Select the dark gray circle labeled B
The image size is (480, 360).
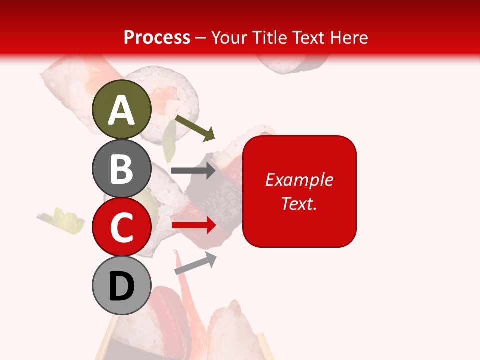122,168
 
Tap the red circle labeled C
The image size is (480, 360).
122,227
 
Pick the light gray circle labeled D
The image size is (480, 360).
122,286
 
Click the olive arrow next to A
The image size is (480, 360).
195,128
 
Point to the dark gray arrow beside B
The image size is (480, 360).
193,171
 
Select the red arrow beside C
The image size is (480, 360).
193,225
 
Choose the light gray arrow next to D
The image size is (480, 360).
195,263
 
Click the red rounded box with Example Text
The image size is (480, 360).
299,191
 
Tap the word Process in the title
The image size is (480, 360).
157,37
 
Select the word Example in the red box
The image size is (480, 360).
299,180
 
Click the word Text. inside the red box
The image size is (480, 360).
299,203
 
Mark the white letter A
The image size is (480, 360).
122,110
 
